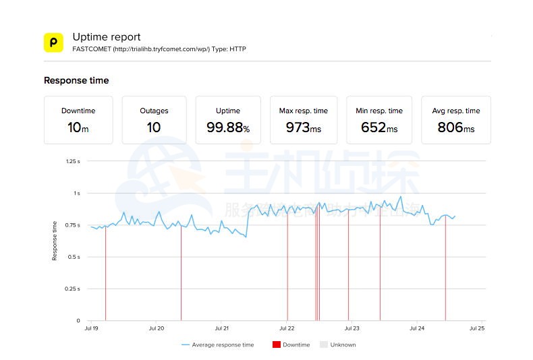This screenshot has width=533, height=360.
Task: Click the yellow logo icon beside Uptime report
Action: [53, 42]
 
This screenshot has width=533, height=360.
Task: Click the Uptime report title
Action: [107, 37]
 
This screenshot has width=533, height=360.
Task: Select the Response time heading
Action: [76, 80]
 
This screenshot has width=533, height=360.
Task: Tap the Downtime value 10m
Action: [78, 127]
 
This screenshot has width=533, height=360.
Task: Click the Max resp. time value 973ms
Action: [303, 127]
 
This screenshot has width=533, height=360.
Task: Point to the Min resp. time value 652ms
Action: [379, 127]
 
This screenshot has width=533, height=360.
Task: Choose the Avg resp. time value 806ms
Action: [455, 127]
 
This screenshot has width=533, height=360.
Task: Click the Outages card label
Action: [154, 111]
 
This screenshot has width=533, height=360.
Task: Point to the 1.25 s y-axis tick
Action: [72, 161]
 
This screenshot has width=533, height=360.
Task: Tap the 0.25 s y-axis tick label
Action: [72, 289]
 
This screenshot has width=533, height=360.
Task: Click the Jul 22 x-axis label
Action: [287, 328]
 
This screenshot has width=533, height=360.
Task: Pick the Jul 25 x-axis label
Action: [477, 328]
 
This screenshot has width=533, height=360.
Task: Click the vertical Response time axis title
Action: [55, 241]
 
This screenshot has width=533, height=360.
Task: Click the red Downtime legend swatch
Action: [276, 344]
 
